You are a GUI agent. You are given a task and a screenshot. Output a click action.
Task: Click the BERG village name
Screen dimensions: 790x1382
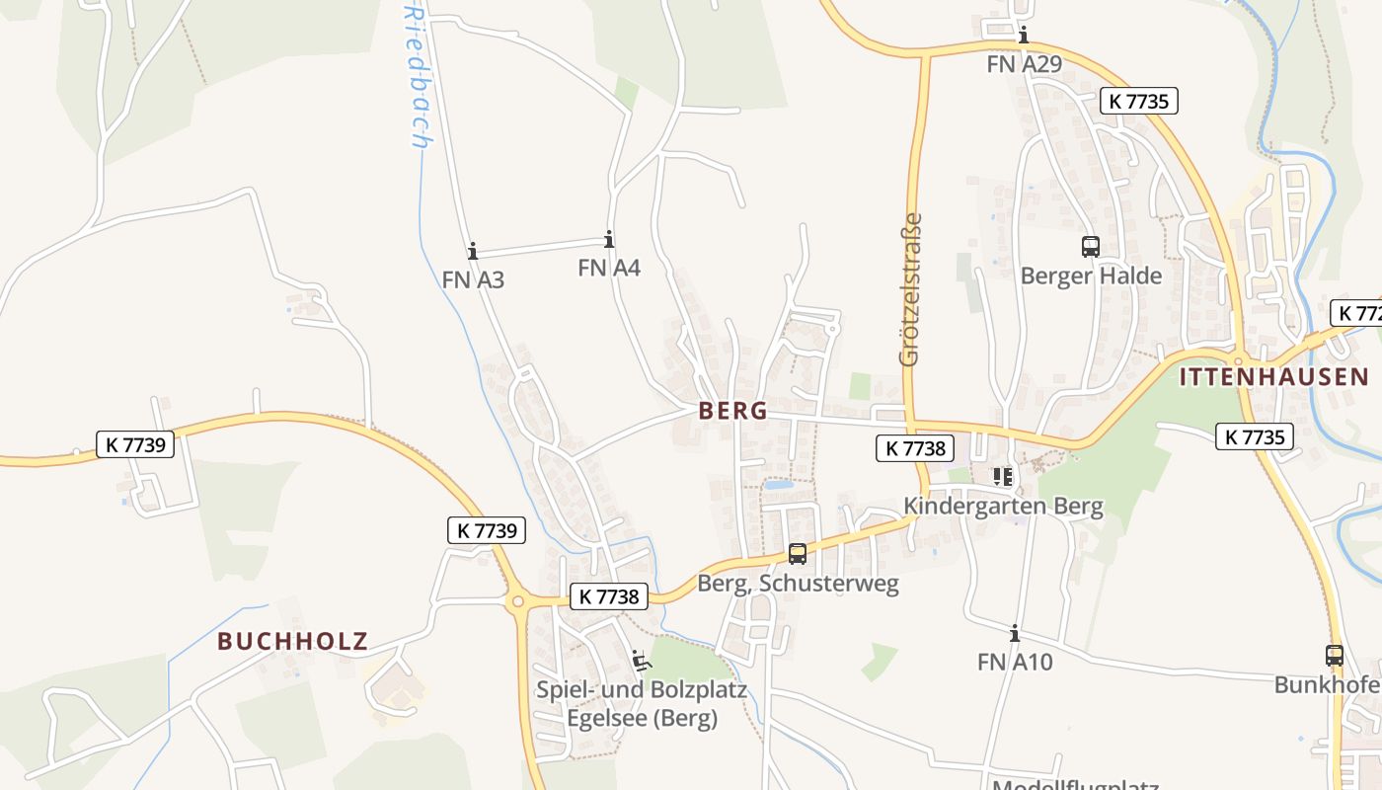click(732, 411)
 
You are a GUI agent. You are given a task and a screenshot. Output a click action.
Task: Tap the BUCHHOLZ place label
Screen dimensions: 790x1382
click(292, 641)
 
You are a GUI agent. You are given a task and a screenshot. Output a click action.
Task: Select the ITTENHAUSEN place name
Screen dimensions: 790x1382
click(1273, 376)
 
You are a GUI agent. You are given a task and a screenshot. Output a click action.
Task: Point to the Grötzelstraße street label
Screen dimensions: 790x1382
click(910, 289)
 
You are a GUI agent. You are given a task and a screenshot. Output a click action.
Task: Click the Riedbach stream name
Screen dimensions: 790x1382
click(418, 74)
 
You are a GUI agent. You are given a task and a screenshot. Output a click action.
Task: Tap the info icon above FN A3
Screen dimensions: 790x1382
click(473, 251)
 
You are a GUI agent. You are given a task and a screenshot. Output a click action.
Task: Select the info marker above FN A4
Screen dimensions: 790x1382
click(609, 239)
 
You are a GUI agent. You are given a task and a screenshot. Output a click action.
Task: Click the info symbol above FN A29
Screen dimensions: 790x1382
click(1024, 36)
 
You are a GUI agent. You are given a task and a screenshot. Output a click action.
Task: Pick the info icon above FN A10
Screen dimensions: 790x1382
click(1014, 633)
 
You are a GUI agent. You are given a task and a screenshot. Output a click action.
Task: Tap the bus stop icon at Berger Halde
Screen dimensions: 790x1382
click(1091, 247)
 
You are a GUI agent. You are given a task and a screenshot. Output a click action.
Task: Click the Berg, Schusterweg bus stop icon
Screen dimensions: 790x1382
click(798, 554)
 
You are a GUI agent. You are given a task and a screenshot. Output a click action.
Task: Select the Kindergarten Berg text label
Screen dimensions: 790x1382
click(1003, 507)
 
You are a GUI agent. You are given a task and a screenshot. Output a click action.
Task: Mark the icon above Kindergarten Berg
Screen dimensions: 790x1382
click(1003, 478)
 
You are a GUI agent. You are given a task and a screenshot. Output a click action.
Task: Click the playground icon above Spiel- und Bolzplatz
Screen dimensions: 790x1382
click(641, 659)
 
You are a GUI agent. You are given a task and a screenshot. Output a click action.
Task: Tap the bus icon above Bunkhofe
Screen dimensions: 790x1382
click(1335, 655)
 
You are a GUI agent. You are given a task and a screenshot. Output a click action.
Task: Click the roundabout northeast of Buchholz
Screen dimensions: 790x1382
click(516, 600)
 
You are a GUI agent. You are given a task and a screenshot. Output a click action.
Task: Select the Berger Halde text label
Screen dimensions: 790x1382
click(1091, 276)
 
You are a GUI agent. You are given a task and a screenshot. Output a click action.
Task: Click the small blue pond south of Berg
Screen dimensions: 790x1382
click(778, 485)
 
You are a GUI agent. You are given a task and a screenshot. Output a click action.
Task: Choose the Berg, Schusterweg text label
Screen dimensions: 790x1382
click(798, 584)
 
